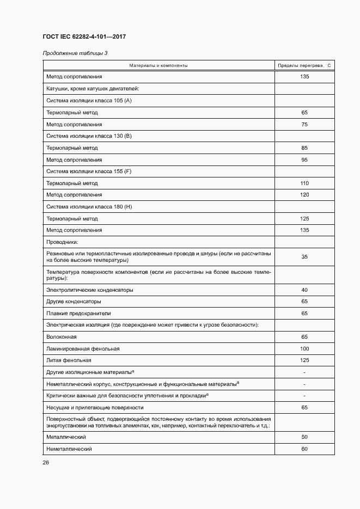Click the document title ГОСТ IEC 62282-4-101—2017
[x=84, y=37]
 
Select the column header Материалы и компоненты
[x=158, y=65]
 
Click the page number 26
[x=46, y=463]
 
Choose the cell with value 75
[x=304, y=125]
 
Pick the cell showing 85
[x=304, y=148]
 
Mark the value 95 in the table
[x=304, y=160]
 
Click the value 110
[x=304, y=183]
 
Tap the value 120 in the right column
[x=304, y=195]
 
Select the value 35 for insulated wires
[x=304, y=256]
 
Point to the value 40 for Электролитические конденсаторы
[x=304, y=290]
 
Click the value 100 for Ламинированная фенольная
[x=304, y=348]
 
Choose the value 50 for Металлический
[x=304, y=437]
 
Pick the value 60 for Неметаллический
[x=304, y=449]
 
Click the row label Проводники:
[x=63, y=242]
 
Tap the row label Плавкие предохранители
[x=79, y=313]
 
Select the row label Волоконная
[x=62, y=337]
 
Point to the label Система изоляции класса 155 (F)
[x=89, y=171]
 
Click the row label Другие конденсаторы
[x=74, y=301]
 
